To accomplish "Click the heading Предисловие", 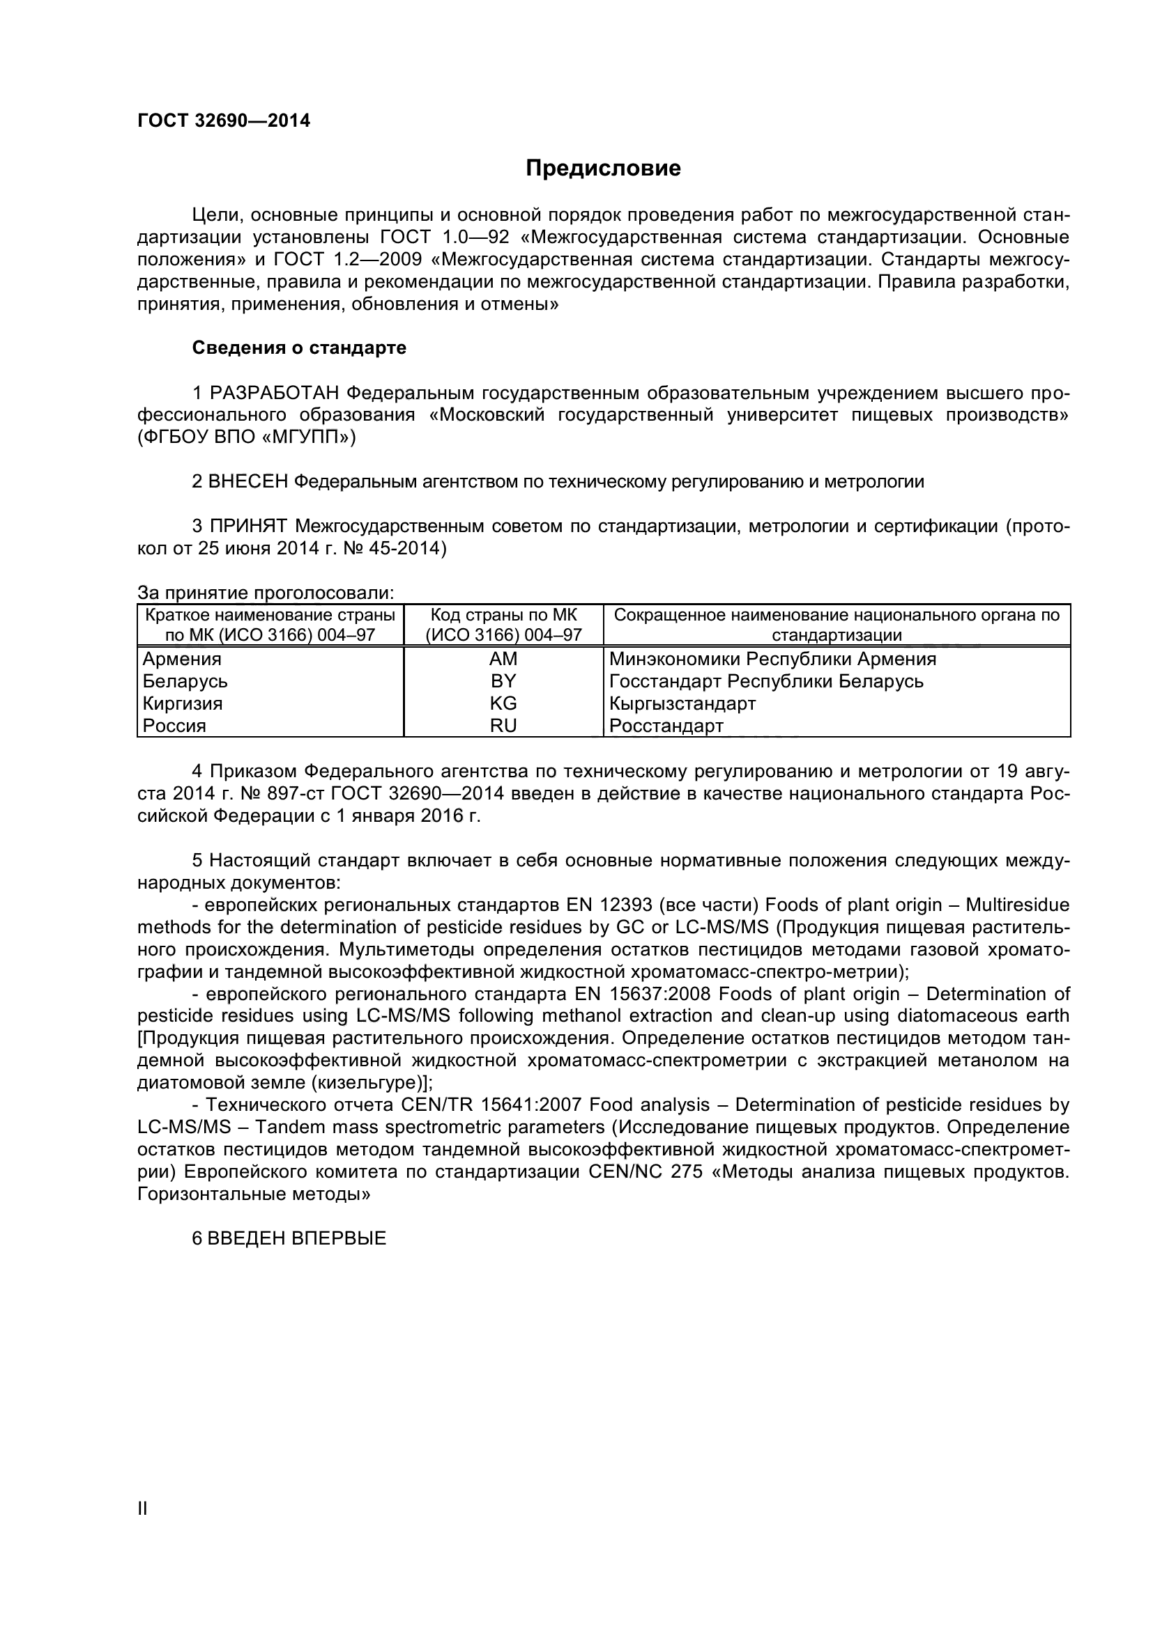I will (603, 169).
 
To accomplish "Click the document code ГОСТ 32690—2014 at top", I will (224, 120).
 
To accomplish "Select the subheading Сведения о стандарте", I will (299, 348).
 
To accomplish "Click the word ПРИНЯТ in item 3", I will (248, 527).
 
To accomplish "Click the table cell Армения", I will (182, 659).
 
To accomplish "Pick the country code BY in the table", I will (503, 681).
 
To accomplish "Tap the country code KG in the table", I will (503, 703).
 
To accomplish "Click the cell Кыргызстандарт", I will (682, 704).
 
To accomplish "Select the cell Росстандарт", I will (666, 726).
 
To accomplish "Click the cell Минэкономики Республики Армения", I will (772, 659).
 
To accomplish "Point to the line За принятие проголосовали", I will (266, 593).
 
